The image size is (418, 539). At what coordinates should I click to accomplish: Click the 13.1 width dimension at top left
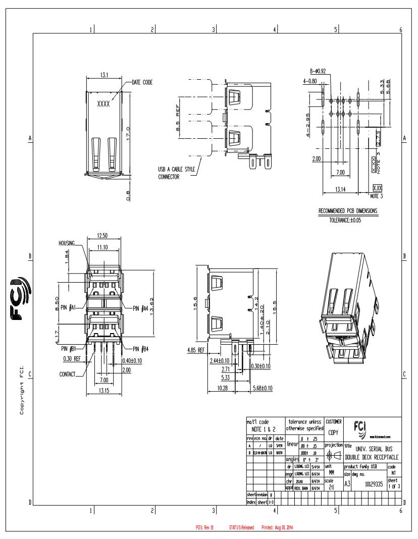(103, 75)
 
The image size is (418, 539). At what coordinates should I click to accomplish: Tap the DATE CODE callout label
(142, 82)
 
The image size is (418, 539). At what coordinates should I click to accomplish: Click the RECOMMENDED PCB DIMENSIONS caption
(347, 210)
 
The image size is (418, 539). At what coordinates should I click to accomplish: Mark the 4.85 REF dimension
(195, 349)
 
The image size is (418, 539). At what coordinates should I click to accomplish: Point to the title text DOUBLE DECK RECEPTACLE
(373, 456)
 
